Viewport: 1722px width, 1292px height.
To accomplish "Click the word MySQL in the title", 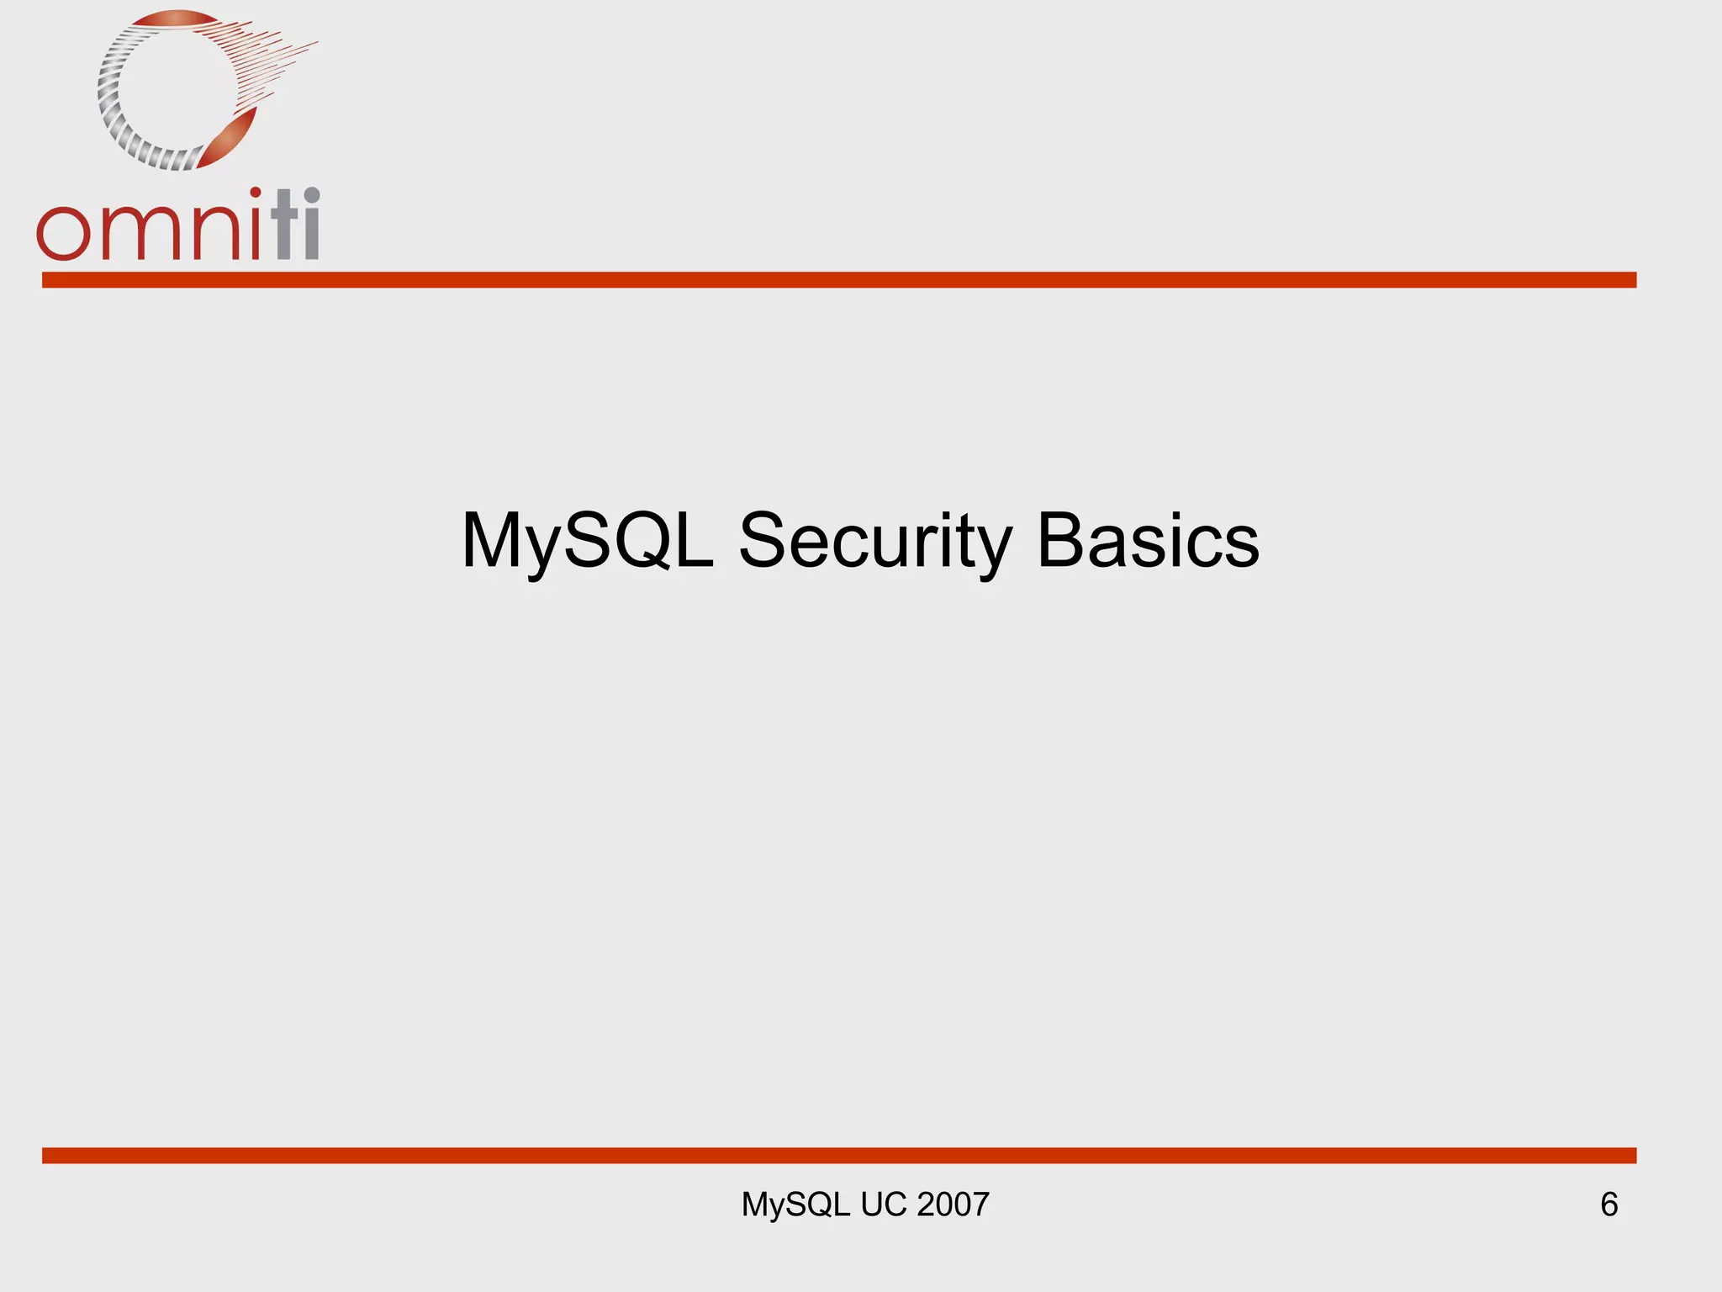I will [587, 541].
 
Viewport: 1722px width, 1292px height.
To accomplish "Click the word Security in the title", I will [874, 541].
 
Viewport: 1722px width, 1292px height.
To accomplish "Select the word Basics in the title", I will [1148, 541].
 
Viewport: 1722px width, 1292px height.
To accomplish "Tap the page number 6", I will [1608, 1205].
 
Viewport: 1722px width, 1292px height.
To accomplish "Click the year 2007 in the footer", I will [953, 1205].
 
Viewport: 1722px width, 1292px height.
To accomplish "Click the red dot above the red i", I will [255, 193].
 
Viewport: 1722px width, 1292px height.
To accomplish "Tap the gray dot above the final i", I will [311, 194].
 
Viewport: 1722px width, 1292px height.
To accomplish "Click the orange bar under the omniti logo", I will [839, 280].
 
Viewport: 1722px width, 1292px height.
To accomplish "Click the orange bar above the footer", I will [839, 1155].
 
